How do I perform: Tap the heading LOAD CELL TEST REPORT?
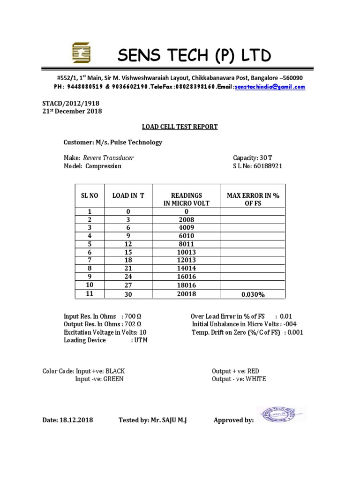pos(180,127)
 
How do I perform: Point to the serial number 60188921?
pos(268,166)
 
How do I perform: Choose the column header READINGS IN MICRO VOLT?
pos(186,199)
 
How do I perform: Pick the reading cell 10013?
pos(186,252)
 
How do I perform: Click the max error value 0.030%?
pos(253,294)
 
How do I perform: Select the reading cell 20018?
pos(186,294)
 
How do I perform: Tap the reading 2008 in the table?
pos(186,219)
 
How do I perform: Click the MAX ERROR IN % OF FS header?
pos(253,199)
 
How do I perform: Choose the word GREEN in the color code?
pos(113,379)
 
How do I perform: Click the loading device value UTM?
pos(141,340)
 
